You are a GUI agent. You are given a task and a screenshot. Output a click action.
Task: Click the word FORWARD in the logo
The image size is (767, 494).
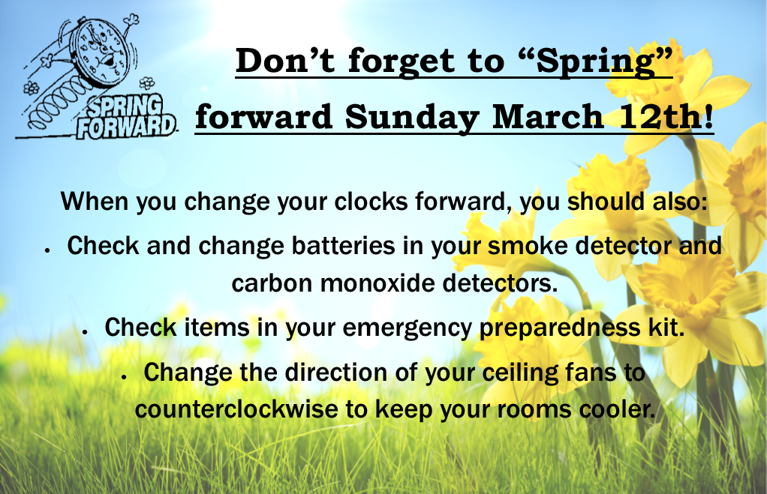click(x=126, y=127)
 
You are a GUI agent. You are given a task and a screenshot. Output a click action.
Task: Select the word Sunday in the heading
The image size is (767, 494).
click(x=411, y=117)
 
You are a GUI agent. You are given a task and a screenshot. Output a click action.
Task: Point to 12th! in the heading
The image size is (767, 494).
click(x=666, y=116)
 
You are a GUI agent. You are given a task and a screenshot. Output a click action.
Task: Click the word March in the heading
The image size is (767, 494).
click(x=547, y=116)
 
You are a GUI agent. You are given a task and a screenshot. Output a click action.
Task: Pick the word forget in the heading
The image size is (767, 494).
click(x=401, y=61)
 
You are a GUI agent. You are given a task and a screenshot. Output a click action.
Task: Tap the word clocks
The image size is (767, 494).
click(x=371, y=201)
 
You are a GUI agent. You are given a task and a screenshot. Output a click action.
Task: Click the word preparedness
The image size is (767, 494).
click(x=560, y=328)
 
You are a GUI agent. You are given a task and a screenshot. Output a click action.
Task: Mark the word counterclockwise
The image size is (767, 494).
click(x=236, y=409)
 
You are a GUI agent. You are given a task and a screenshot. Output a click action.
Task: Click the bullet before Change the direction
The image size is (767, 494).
click(x=125, y=377)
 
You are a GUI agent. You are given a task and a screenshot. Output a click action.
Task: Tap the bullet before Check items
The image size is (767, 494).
click(x=85, y=332)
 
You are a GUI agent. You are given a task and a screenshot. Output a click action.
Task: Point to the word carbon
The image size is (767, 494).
click(x=272, y=283)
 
